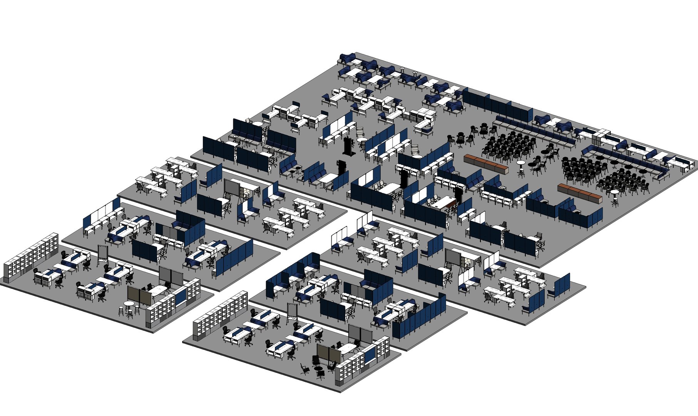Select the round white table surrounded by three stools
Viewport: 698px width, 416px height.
point(128,305)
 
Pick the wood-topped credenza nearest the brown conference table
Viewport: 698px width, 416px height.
point(486,163)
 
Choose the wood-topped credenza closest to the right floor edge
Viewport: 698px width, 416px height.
point(579,193)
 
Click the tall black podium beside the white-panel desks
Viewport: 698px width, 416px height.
point(348,146)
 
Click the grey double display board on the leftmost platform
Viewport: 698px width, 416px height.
point(171,276)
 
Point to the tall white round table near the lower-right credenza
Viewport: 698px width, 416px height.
point(614,194)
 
